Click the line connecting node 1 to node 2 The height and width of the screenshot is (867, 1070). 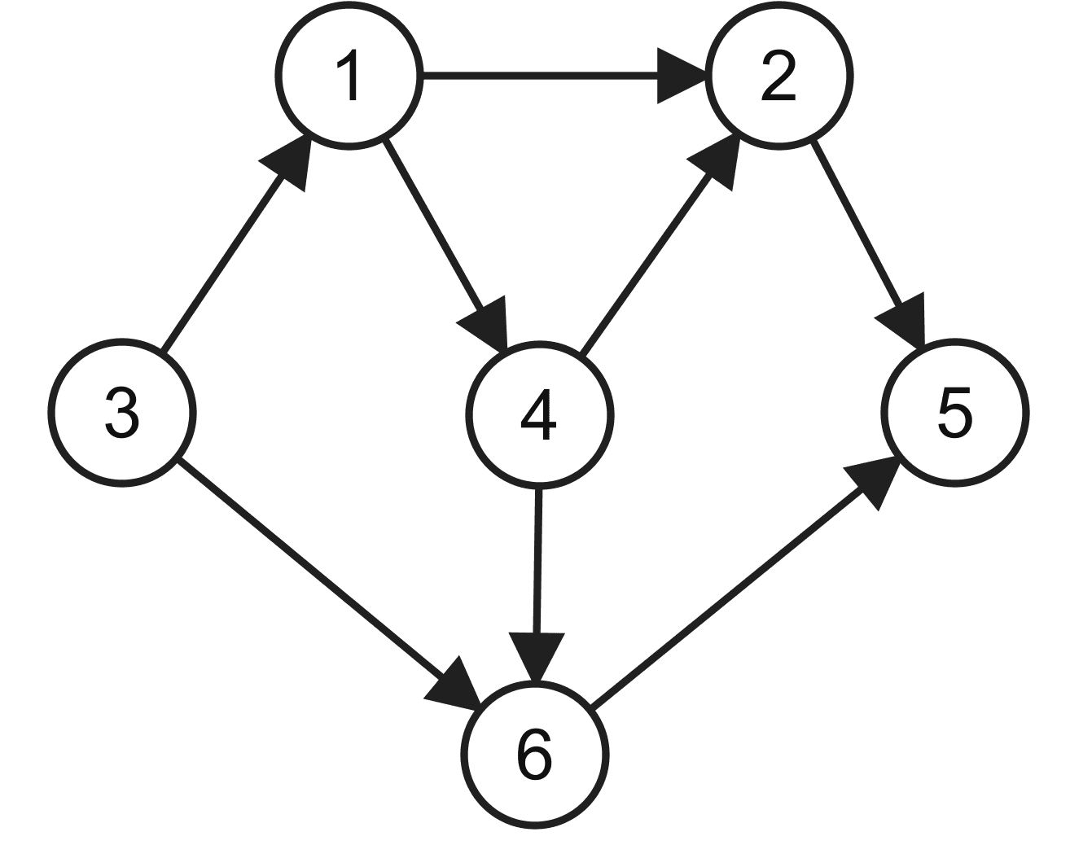(540, 77)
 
